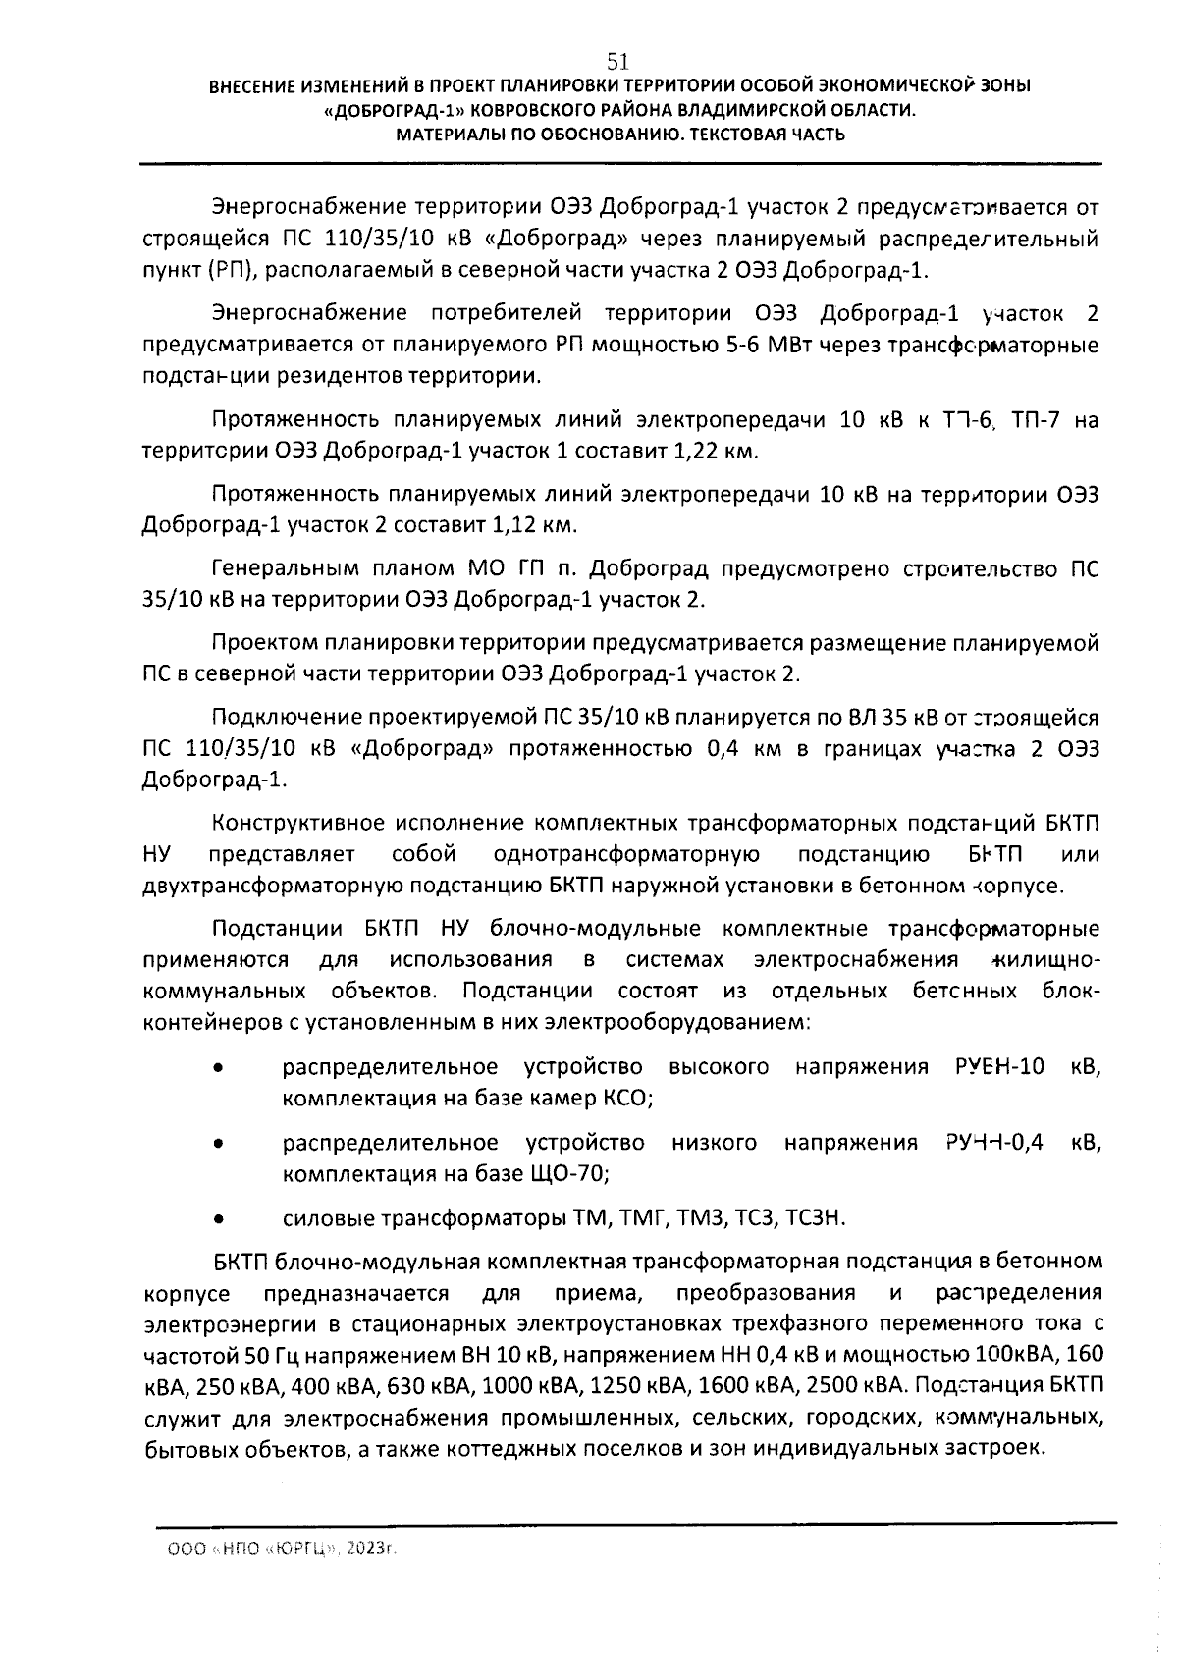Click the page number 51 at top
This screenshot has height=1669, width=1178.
618,61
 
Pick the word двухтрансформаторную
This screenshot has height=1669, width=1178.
271,886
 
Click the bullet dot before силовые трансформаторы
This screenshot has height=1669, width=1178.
221,1219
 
